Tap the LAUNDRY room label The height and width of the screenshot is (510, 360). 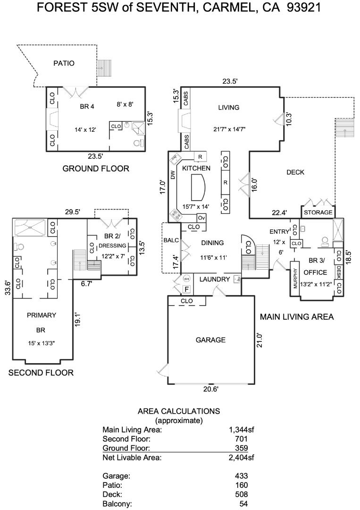pos(214,279)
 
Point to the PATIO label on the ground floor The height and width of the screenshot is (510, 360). pos(64,63)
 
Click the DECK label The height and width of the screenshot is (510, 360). pos(295,172)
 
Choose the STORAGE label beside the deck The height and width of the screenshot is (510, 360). pos(318,212)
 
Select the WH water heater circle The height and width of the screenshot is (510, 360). pos(186,278)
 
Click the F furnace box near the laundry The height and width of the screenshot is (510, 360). pos(186,289)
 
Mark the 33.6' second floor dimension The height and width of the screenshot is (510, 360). pos(7,288)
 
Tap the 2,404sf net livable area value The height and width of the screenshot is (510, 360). pos(241,457)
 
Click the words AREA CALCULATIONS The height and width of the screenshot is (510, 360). pos(178,411)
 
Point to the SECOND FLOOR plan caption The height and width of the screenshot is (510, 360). pos(41,373)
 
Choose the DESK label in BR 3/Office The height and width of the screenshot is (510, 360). pos(339,272)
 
